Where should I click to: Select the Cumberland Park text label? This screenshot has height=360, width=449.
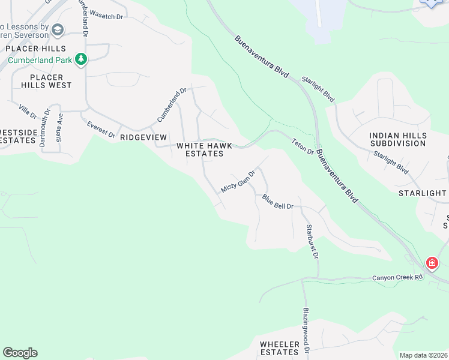40,60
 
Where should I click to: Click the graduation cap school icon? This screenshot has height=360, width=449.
58,29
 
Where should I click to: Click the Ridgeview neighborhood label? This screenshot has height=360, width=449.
143,137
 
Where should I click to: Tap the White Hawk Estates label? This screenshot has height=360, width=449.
200,149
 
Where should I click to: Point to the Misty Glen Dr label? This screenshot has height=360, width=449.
238,180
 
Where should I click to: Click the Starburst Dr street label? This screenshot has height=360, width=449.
310,241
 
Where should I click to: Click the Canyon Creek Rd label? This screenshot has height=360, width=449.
397,277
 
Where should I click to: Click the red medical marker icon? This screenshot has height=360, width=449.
432,263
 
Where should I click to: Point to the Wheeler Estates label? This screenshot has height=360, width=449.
280,347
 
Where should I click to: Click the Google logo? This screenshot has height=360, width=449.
20,353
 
